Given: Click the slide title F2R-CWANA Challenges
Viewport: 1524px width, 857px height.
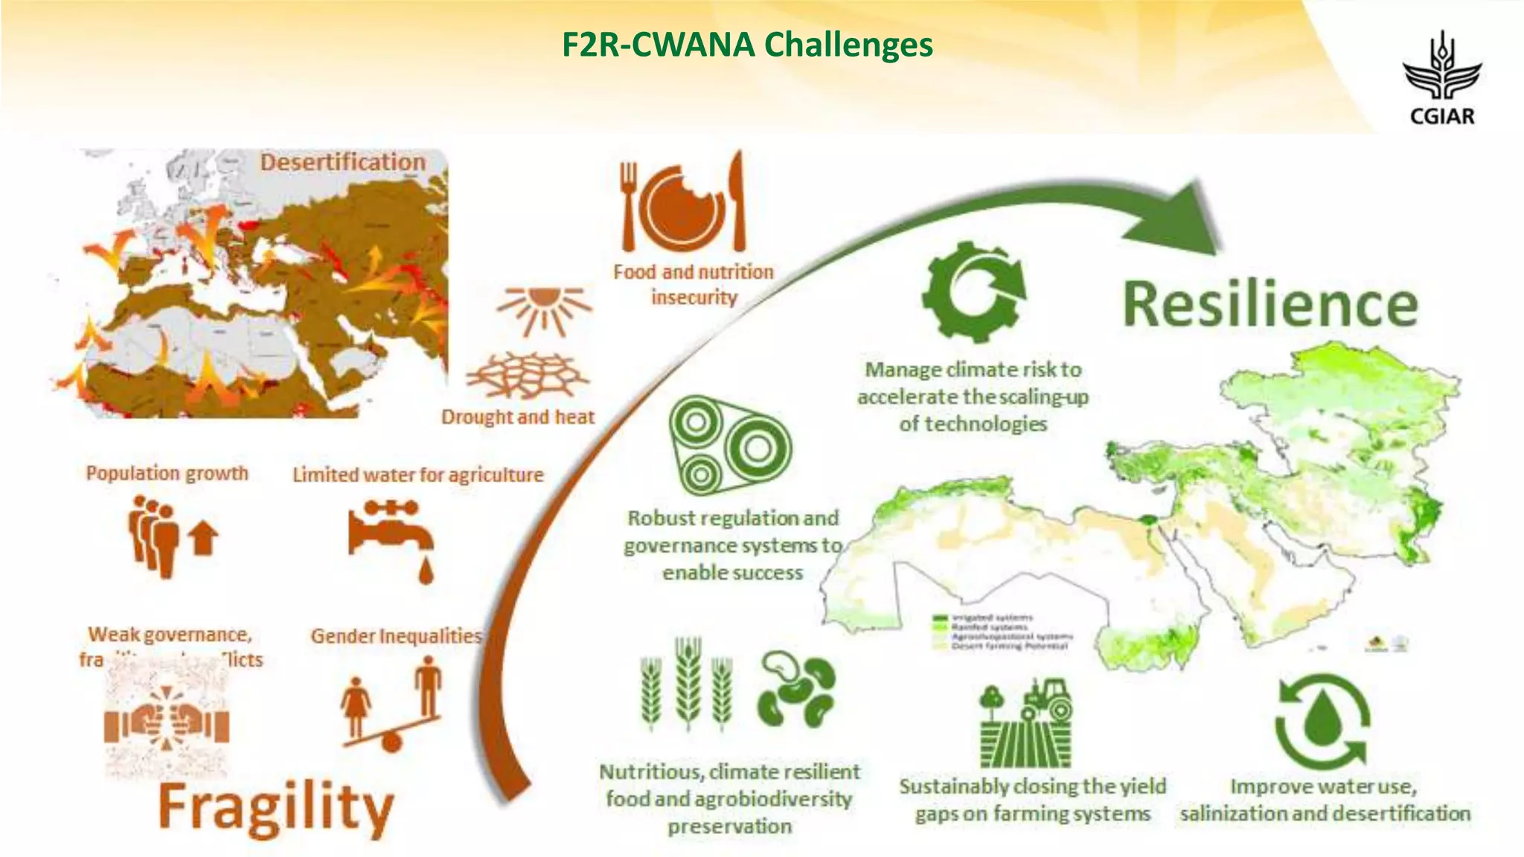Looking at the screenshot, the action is click(x=746, y=45).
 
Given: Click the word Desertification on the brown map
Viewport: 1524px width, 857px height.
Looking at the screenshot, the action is click(x=342, y=162).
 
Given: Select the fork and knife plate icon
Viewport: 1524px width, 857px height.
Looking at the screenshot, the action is click(x=682, y=202).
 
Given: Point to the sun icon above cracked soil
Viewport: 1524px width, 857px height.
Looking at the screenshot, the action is click(x=544, y=308).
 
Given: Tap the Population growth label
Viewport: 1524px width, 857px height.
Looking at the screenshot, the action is click(x=167, y=473).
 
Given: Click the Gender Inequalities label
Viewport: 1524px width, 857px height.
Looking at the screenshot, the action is click(x=396, y=636).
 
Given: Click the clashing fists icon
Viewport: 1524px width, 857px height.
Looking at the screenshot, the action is click(x=166, y=721).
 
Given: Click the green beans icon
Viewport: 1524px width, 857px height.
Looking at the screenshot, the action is click(x=796, y=689).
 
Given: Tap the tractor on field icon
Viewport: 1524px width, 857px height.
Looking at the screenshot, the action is click(x=1026, y=722).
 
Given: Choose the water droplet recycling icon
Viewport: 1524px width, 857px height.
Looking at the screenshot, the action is click(x=1323, y=719).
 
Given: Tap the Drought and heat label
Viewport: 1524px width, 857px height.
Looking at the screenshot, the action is click(x=518, y=417).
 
